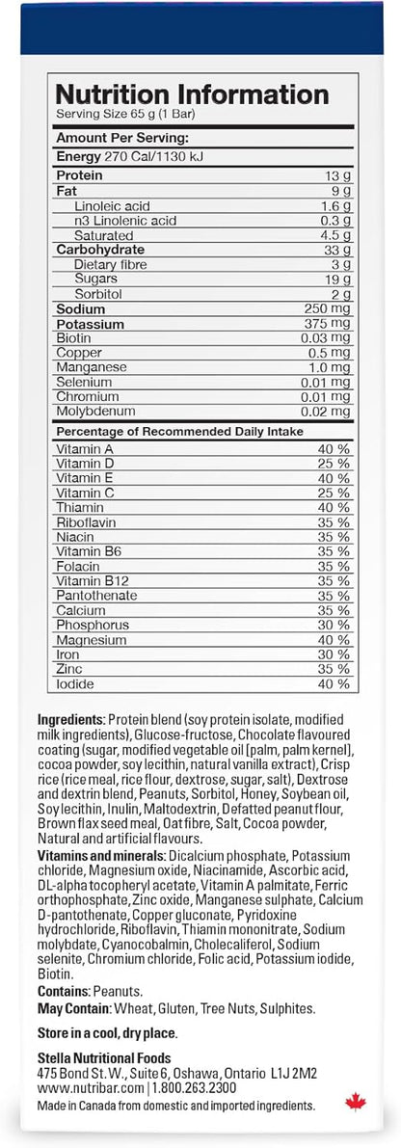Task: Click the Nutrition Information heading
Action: tap(192, 94)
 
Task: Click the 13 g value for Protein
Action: tap(335, 176)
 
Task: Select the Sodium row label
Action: tap(81, 309)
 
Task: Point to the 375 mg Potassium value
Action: tap(329, 324)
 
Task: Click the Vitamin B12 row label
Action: tap(90, 581)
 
